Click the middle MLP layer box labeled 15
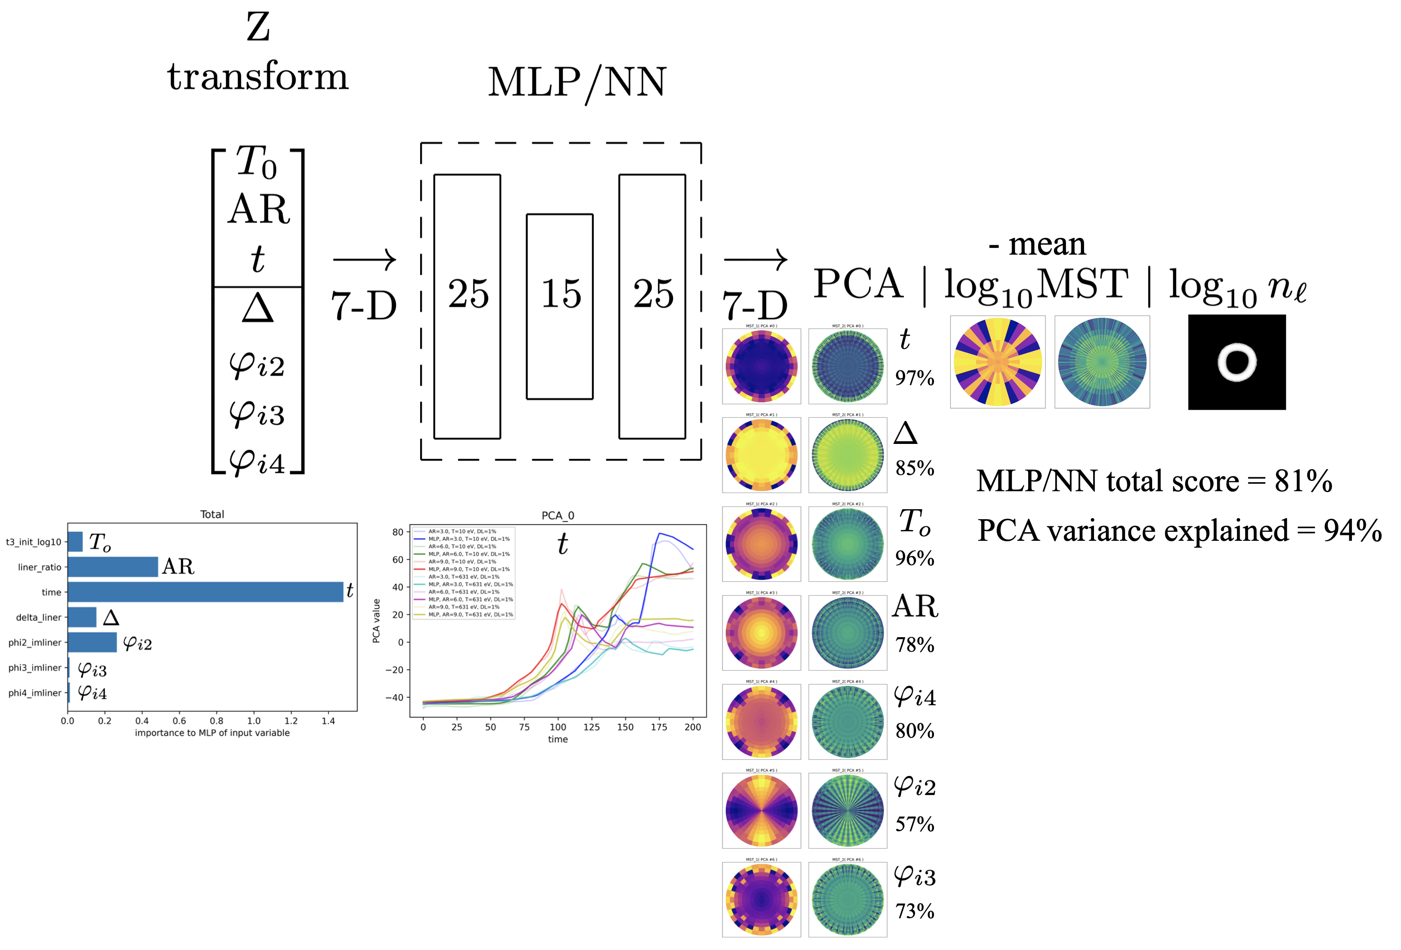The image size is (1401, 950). pyautogui.click(x=559, y=306)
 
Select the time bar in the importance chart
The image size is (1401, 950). pyautogui.click(x=205, y=592)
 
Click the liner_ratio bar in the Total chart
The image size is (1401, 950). pyautogui.click(x=113, y=566)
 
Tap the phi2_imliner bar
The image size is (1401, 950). pyautogui.click(x=92, y=642)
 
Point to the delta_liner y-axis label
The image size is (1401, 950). pyautogui.click(x=39, y=617)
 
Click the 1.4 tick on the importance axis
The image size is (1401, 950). pyautogui.click(x=328, y=720)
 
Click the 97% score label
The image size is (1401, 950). pyautogui.click(x=914, y=379)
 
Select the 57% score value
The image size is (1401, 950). pyautogui.click(x=914, y=824)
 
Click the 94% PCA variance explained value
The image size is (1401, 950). pyautogui.click(x=1352, y=531)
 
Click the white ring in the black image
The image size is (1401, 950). pyautogui.click(x=1236, y=362)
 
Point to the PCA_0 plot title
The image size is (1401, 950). pyautogui.click(x=558, y=516)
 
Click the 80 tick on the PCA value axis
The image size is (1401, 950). pyautogui.click(x=398, y=532)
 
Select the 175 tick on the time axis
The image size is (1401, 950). pyautogui.click(x=659, y=727)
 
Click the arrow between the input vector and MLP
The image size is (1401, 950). pyautogui.click(x=364, y=260)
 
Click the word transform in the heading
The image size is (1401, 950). pyautogui.click(x=258, y=77)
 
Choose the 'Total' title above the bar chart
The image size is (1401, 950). pyautogui.click(x=212, y=514)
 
